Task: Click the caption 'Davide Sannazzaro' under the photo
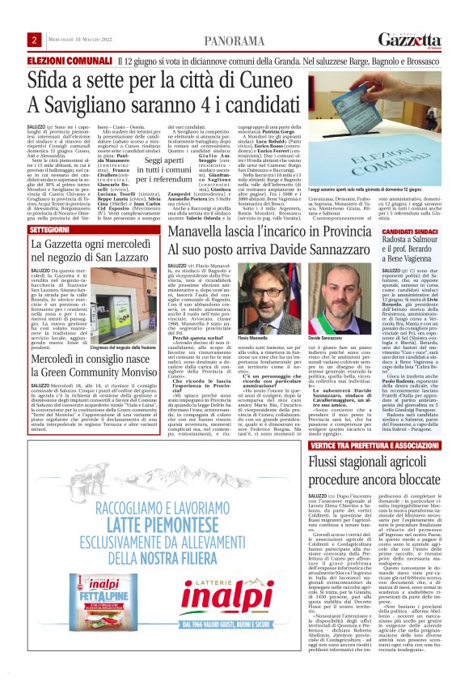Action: [327, 313]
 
